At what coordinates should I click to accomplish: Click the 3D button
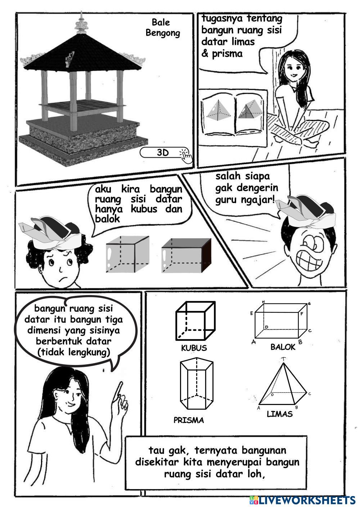162,153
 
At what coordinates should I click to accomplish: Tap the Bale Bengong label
162,27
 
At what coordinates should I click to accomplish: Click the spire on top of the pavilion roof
81,23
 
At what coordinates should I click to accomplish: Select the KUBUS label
194,348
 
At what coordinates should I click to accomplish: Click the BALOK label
283,347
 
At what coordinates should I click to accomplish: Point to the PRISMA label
189,420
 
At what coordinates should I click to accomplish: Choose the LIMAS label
280,414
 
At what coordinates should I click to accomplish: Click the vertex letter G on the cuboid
309,304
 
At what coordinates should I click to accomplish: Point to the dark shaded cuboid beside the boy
186,256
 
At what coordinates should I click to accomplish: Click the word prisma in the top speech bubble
227,54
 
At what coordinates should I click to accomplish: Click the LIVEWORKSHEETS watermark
302,501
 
